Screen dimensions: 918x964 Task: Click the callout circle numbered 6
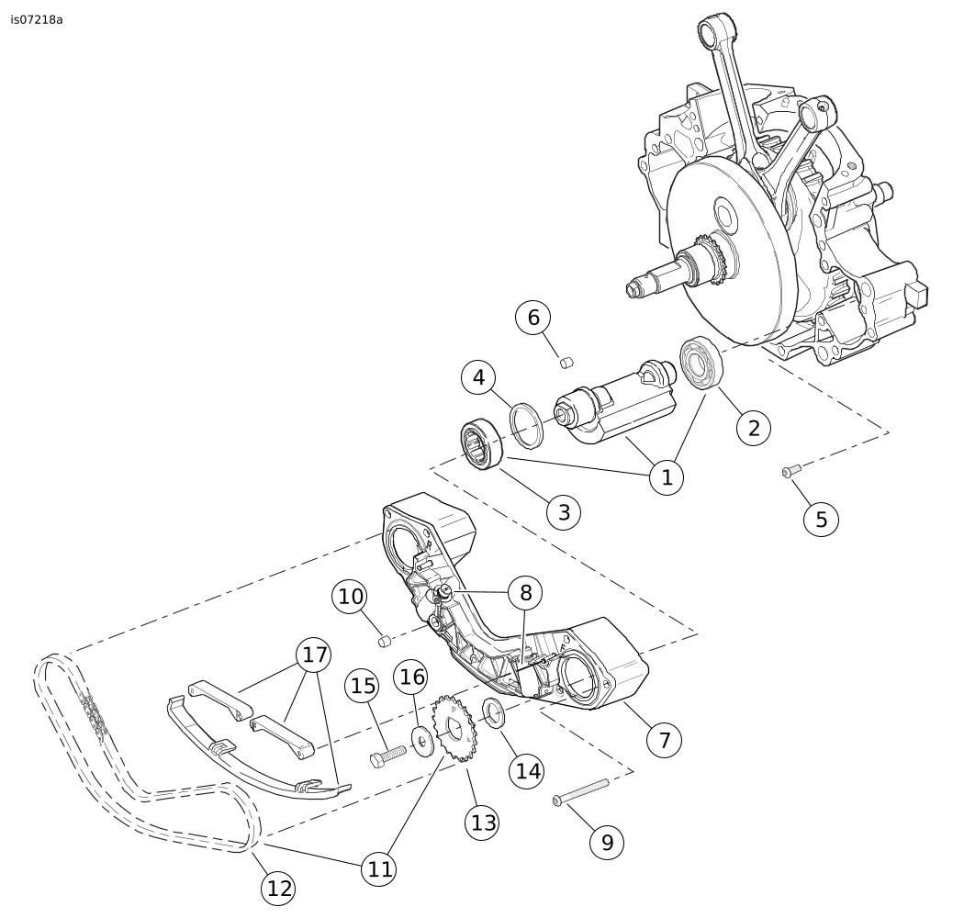pyautogui.click(x=533, y=318)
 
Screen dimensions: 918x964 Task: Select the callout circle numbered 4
pyautogui.click(x=478, y=377)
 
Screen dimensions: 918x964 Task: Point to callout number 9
pyautogui.click(x=607, y=840)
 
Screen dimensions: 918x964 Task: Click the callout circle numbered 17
pyautogui.click(x=315, y=655)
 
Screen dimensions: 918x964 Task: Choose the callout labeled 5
pyautogui.click(x=821, y=519)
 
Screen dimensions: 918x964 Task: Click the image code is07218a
pyautogui.click(x=37, y=19)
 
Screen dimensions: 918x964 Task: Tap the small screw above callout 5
pyautogui.click(x=789, y=472)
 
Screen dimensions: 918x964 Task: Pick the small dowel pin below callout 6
pyautogui.click(x=566, y=363)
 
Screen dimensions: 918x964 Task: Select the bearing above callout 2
pyautogui.click(x=704, y=364)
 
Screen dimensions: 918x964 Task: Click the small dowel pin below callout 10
pyautogui.click(x=387, y=639)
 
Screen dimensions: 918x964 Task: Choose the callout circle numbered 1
pyautogui.click(x=667, y=477)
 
